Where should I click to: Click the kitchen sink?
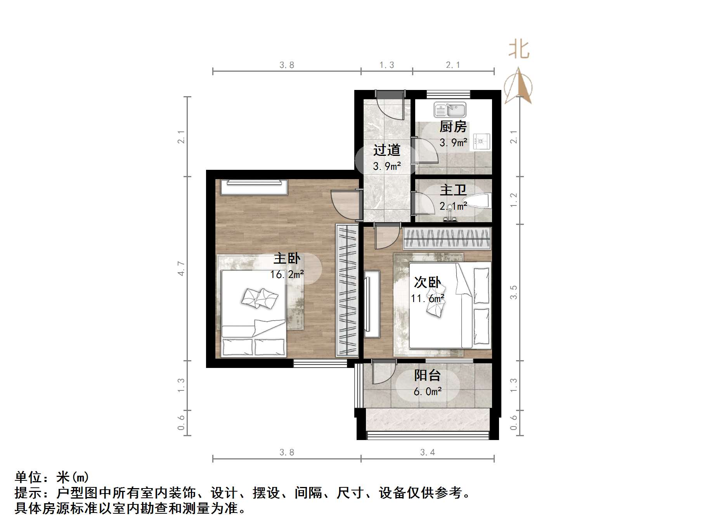[x=450, y=110]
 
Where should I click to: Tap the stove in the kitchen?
[x=482, y=142]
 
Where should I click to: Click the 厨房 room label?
[x=453, y=127]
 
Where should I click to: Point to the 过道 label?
[x=386, y=150]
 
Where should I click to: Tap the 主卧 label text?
[x=287, y=258]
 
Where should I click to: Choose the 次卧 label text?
[x=427, y=282]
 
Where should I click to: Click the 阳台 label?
[x=427, y=375]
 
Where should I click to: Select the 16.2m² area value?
[x=287, y=274]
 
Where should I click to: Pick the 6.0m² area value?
[x=427, y=392]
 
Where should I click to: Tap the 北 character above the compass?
[x=519, y=50]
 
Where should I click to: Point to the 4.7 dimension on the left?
[x=181, y=268]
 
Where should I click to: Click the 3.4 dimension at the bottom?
[x=427, y=452]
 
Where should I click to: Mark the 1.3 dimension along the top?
[x=386, y=65]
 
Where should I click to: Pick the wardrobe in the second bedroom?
[x=447, y=238]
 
